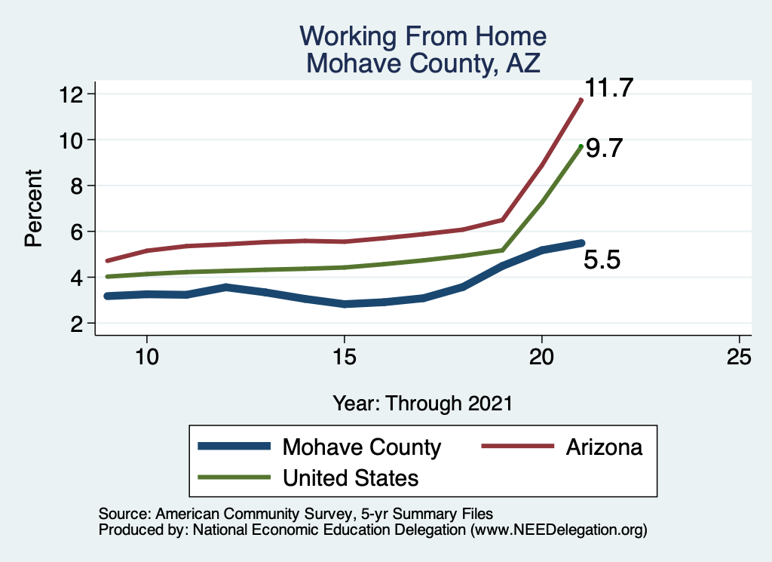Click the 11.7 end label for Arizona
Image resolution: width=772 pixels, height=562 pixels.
pyautogui.click(x=608, y=88)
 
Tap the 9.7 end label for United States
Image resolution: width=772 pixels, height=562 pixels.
pyautogui.click(x=604, y=148)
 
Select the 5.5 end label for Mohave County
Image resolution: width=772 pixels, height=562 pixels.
pyautogui.click(x=602, y=260)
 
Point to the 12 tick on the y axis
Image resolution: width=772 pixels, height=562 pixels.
pyautogui.click(x=71, y=94)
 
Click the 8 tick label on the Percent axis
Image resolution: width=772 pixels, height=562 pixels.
pyautogui.click(x=77, y=186)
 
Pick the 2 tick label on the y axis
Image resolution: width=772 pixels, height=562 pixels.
pyautogui.click(x=77, y=324)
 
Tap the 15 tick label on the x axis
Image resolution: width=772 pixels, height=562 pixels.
pyautogui.click(x=344, y=357)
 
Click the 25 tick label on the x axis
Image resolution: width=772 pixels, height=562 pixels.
pyautogui.click(x=739, y=357)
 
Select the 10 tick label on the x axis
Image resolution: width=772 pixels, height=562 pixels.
pyautogui.click(x=147, y=357)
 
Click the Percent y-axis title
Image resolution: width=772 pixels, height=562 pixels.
pyautogui.click(x=33, y=208)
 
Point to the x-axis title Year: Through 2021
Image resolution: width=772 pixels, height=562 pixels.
pyautogui.click(x=422, y=403)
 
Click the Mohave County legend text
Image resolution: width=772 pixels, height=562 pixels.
pyautogui.click(x=362, y=447)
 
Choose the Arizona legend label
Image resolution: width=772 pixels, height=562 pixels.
pyautogui.click(x=604, y=447)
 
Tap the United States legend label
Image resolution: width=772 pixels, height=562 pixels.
pyautogui.click(x=351, y=478)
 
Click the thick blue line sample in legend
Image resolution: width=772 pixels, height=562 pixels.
pyautogui.click(x=234, y=447)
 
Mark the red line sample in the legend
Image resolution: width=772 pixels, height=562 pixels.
pyautogui.click(x=518, y=447)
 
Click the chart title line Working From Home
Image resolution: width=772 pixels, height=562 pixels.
pyautogui.click(x=423, y=36)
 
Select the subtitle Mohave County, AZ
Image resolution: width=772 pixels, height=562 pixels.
pyautogui.click(x=423, y=63)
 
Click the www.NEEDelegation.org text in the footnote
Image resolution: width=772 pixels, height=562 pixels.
pyautogui.click(x=559, y=530)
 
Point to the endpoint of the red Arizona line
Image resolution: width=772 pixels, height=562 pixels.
pyautogui.click(x=581, y=100)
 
